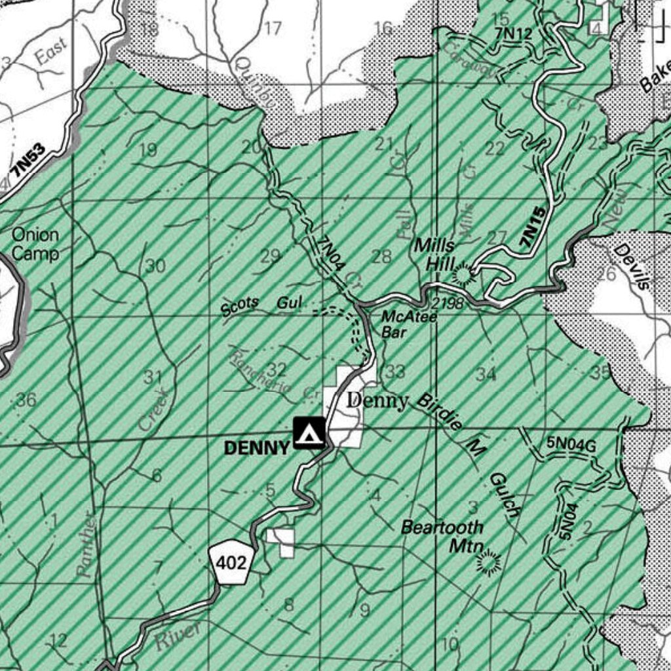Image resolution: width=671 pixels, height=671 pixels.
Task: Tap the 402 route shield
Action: (232, 562)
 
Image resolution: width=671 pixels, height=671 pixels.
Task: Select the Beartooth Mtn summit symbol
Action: (488, 562)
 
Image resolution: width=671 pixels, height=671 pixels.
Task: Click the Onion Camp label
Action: (35, 244)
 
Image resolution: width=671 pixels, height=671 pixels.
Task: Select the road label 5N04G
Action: (571, 444)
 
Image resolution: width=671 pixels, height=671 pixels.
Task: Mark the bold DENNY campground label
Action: (257, 448)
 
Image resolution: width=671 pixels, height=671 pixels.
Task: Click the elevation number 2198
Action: (448, 303)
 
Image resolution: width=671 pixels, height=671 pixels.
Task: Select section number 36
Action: (26, 399)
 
